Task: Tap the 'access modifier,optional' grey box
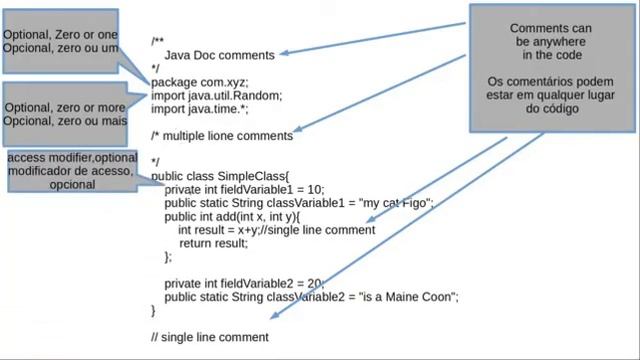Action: pos(73,171)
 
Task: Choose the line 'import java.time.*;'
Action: pos(201,109)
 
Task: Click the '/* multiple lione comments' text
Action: pos(221,135)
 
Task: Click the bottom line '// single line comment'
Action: pos(209,337)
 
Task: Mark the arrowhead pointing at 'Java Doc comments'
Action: pos(283,54)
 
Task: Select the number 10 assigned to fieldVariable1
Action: pos(314,189)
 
